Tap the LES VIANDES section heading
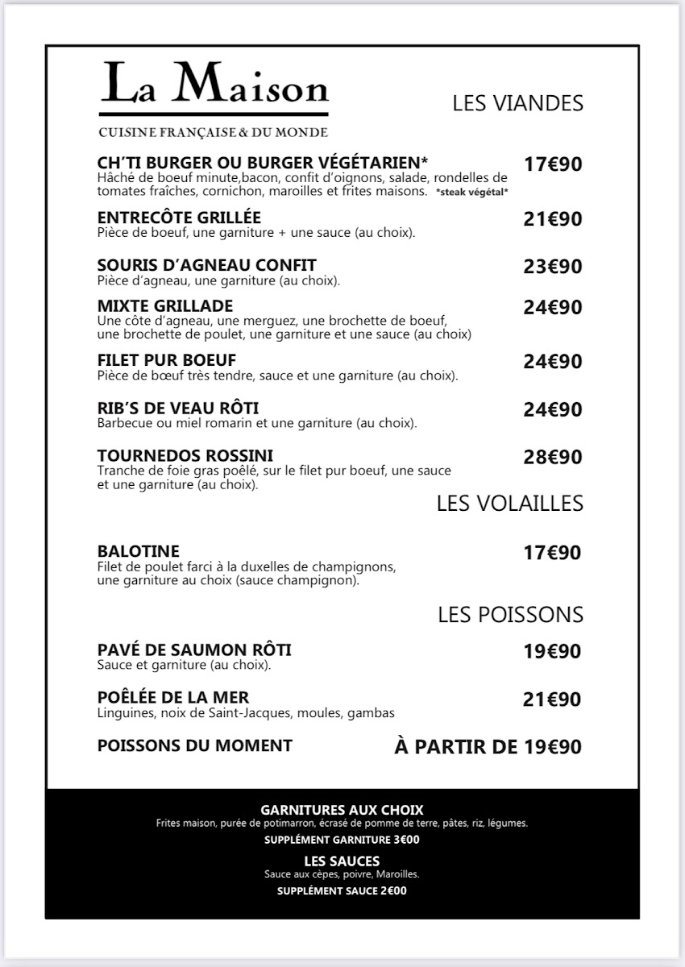click(517, 103)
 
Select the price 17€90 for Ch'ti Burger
click(552, 164)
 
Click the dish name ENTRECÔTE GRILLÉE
click(179, 218)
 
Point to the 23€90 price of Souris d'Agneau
click(552, 267)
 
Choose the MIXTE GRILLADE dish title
click(165, 306)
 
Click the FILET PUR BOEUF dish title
click(167, 360)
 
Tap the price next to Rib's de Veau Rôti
click(552, 410)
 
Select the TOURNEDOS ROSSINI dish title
click(185, 455)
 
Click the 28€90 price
click(552, 458)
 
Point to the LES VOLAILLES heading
click(509, 503)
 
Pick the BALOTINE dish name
click(138, 552)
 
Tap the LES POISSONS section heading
click(510, 615)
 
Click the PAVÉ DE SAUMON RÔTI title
click(194, 650)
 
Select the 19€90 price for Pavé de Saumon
click(552, 651)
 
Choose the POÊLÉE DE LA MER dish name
click(173, 698)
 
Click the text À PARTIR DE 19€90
click(488, 747)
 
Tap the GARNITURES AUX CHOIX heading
click(342, 810)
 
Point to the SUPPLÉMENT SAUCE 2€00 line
click(342, 891)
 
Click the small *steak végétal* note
click(471, 193)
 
